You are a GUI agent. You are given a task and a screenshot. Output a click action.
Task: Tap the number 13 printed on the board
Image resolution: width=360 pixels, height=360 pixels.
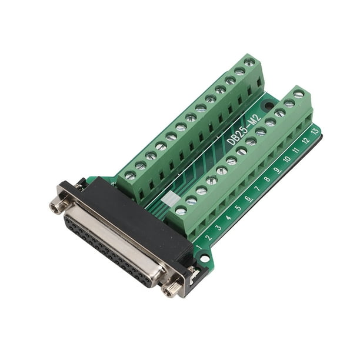coord(315,131)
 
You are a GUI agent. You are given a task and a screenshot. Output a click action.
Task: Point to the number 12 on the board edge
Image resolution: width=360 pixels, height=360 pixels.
coord(305,141)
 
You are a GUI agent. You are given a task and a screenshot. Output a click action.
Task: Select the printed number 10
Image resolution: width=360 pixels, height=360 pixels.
coord(286,159)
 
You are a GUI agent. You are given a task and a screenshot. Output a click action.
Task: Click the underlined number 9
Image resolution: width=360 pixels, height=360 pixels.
coord(276,169)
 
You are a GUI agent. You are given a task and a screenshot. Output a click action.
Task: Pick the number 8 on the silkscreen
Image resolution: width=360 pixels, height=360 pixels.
coord(266,179)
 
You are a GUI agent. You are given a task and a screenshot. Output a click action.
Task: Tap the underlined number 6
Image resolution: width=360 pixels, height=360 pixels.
coord(247,198)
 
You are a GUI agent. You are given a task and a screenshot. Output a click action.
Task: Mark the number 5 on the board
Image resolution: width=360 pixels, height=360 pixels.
coord(238,208)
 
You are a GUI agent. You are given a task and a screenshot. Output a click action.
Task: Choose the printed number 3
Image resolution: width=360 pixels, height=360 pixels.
coord(218,227)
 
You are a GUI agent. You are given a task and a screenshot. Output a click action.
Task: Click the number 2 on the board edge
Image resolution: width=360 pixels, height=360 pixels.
coord(208,237)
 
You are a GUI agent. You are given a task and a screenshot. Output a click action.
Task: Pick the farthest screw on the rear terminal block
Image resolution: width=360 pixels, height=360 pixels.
coord(249,61)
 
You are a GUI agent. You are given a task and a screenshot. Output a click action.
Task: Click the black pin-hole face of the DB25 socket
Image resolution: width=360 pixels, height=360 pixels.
coord(109,248)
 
